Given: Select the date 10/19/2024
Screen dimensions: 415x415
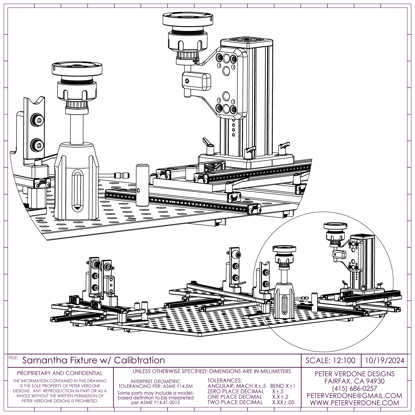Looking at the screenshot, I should [385, 361].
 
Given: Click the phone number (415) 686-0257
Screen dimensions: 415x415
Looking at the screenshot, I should [354, 389].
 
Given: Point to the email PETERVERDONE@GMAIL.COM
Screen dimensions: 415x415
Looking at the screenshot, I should [354, 396].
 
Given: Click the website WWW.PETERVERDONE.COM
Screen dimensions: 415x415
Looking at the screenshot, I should [354, 403].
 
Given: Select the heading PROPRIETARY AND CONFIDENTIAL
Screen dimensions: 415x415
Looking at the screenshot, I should [60, 373].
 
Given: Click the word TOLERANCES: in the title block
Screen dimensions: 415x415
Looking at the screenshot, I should [225, 381].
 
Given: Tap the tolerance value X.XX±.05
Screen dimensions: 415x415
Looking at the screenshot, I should [283, 402].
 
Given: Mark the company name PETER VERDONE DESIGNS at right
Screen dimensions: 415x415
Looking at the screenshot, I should [354, 374].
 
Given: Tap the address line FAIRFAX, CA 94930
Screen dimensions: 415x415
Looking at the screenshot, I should [354, 381].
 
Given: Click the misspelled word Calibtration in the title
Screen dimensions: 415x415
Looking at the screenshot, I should [139, 360].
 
